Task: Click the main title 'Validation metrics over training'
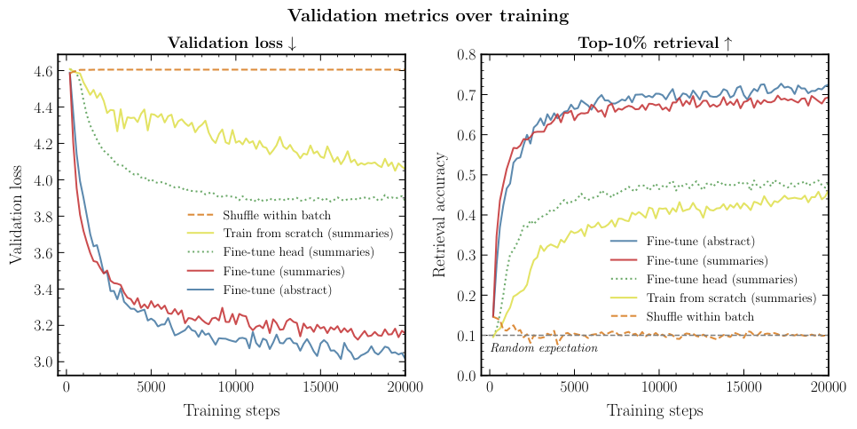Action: click(428, 15)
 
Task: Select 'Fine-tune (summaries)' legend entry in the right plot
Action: click(706, 259)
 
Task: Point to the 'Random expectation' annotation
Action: click(544, 348)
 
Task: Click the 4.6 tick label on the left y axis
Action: click(43, 71)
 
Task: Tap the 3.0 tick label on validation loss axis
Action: click(43, 362)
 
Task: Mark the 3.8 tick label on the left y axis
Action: click(43, 217)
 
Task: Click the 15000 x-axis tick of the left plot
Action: click(320, 389)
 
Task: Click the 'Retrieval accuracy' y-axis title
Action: click(440, 214)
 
